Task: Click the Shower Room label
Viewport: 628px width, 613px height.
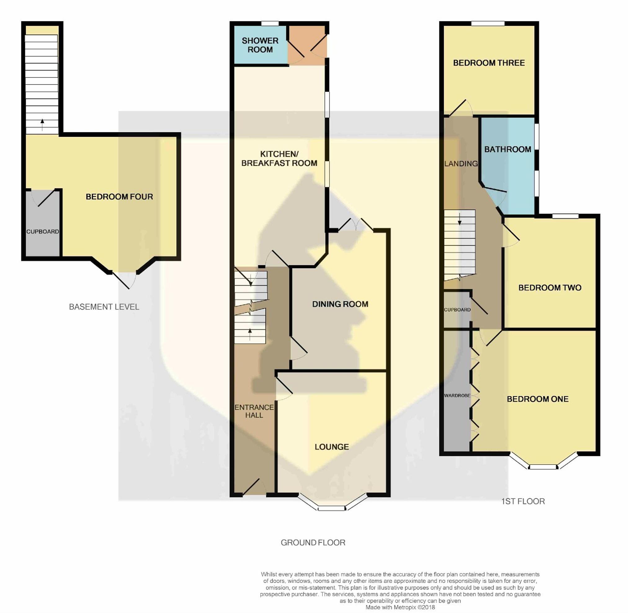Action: [260, 45]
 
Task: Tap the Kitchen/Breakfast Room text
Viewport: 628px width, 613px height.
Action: [279, 159]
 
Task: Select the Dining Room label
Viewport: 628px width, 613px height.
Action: [340, 304]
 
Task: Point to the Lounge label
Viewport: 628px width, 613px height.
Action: [332, 447]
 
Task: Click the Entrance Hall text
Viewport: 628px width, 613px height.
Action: [254, 411]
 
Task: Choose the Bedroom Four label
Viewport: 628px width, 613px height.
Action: [119, 197]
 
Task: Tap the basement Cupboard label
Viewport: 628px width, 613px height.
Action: [42, 232]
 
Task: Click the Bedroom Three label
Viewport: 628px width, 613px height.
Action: [489, 63]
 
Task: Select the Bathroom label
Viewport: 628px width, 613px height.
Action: [507, 149]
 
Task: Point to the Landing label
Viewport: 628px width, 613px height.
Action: [461, 164]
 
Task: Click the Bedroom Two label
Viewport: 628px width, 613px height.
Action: [550, 288]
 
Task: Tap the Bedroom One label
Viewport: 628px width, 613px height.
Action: [537, 399]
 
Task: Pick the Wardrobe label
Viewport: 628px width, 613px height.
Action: [457, 395]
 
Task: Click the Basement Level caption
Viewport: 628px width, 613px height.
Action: [104, 307]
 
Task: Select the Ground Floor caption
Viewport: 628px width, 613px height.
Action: [313, 542]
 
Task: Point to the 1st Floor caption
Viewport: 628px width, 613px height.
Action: [523, 501]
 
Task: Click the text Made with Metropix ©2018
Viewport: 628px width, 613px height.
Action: [400, 607]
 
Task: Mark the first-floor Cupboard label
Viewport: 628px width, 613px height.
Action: [457, 310]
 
